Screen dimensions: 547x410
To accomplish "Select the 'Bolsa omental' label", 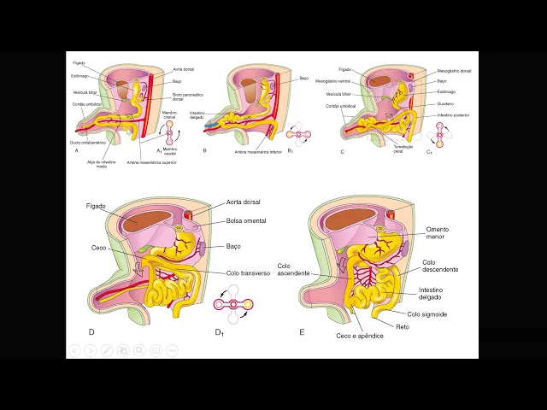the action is pos(245,220).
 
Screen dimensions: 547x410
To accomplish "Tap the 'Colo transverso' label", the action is pos(248,273).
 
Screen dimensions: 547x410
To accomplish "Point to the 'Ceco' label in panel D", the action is pos(99,248).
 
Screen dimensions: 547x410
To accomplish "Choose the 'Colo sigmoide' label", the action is pos(426,313).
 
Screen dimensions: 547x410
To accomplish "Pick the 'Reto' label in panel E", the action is pos(402,326).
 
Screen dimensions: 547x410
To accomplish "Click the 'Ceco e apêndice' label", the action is pos(359,336).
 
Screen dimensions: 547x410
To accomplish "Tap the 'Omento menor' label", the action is pos(437,233).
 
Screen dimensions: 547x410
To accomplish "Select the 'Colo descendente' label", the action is pos(439,266).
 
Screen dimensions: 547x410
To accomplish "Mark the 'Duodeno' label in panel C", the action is pos(445,103).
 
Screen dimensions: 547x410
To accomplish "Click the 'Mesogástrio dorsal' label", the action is pos(454,71).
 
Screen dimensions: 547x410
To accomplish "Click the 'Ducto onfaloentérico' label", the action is pos(89,143).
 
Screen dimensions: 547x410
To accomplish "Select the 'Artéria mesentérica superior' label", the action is pos(150,161).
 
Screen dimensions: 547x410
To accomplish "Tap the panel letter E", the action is pos(302,331).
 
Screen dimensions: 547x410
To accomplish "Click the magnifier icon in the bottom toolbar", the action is pos(139,350).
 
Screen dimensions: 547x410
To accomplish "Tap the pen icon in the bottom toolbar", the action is pos(106,350).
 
